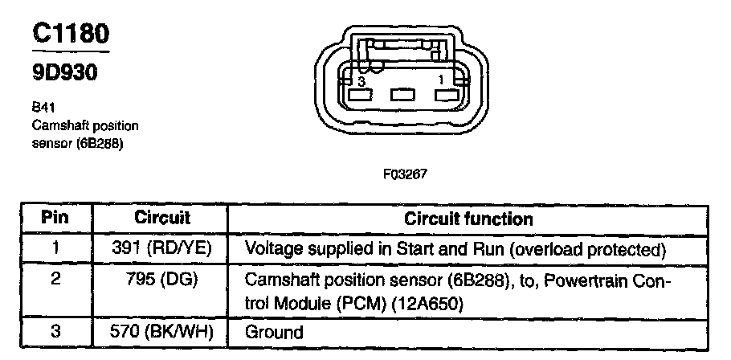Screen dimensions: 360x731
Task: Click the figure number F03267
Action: (x=409, y=172)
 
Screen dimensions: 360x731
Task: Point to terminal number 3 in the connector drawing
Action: (x=362, y=82)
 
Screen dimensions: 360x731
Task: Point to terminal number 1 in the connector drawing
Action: (x=440, y=81)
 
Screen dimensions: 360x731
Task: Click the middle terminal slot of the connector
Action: (x=401, y=95)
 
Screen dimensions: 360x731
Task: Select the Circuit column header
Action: (x=161, y=219)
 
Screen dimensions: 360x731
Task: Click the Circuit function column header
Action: (x=468, y=219)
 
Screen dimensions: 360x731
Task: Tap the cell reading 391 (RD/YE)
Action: (x=161, y=248)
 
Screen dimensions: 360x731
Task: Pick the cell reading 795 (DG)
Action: (x=161, y=282)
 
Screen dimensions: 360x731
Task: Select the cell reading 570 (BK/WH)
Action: (x=161, y=331)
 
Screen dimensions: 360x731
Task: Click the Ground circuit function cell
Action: (x=273, y=332)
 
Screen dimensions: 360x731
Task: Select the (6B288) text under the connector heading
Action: (x=99, y=143)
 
